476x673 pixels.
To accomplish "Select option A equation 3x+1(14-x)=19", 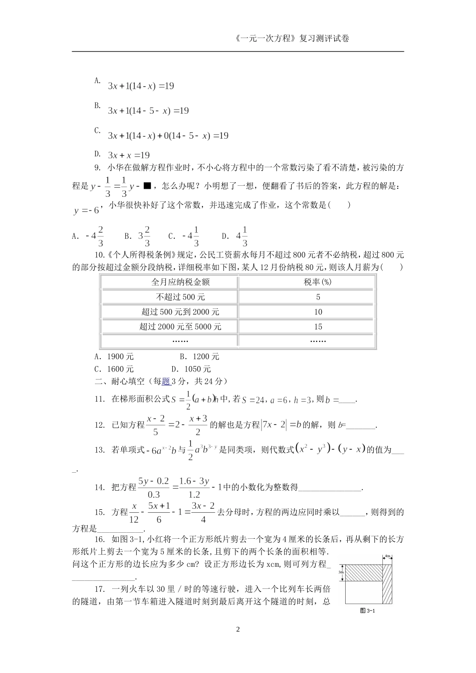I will pos(141,86).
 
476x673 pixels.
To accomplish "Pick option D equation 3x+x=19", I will pos(129,155).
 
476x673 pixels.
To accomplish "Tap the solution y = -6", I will pos(86,211).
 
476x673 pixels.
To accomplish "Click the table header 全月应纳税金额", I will pos(170,282).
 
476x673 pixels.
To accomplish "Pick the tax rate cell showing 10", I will pos(318,312).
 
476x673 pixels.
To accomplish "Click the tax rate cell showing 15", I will pos(318,327).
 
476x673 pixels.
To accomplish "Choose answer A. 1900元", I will pos(114,357).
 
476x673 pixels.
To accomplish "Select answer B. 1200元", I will pos(199,357).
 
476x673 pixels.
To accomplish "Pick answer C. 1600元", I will pos(114,369).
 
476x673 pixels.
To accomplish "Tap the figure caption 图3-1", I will pos(368,610).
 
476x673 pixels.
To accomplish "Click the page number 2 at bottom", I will pos(238,629).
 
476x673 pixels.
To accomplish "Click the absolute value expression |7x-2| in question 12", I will pos(274,425).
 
